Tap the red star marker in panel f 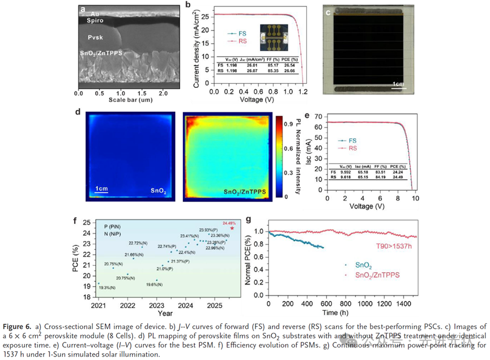232,228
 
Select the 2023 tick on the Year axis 157,306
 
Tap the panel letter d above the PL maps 78,112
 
